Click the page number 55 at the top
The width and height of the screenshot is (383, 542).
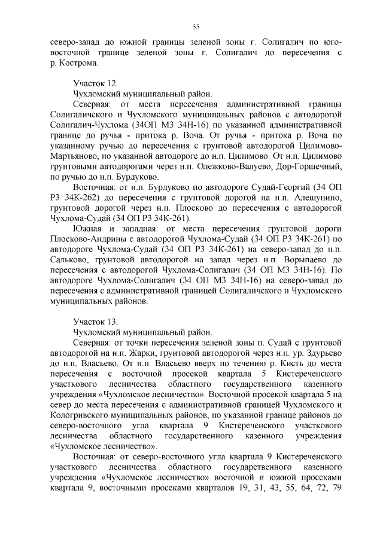[195, 26]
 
